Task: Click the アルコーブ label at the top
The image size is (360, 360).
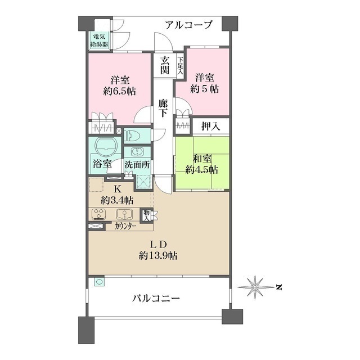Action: click(x=189, y=25)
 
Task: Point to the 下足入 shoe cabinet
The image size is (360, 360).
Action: click(x=181, y=66)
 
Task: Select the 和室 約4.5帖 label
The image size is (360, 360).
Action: click(x=203, y=164)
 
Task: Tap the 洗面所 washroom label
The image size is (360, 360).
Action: click(x=137, y=165)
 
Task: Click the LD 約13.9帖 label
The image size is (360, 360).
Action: click(x=158, y=249)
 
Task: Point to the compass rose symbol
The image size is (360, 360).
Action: click(x=254, y=287)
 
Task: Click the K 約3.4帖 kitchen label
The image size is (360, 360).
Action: click(x=118, y=194)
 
